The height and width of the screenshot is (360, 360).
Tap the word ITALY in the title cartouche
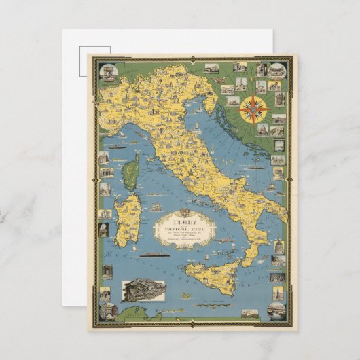coord(175,221)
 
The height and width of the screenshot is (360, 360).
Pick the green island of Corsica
coord(131,171)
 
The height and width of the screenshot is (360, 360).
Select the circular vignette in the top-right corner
coord(276,71)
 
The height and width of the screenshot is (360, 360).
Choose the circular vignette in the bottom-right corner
coord(276,310)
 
